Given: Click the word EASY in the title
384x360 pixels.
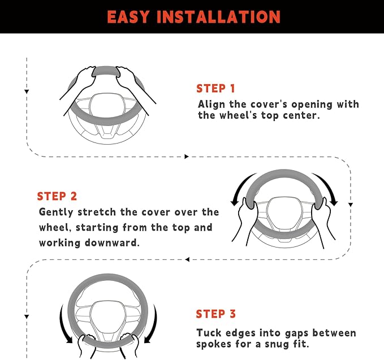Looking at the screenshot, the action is pyautogui.click(x=128, y=17).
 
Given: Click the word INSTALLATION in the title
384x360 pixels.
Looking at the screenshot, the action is pyautogui.click(x=219, y=17).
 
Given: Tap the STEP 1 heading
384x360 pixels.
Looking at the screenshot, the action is pyautogui.click(x=216, y=88).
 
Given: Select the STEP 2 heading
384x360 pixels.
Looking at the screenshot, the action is pyautogui.click(x=57, y=196).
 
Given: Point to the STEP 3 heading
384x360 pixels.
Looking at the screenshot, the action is pyautogui.click(x=216, y=314).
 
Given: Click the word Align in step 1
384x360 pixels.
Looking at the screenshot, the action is pyautogui.click(x=212, y=105).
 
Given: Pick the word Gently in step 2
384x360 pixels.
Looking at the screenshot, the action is pyautogui.click(x=56, y=212).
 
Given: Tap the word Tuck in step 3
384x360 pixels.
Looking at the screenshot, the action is pyautogui.click(x=209, y=332).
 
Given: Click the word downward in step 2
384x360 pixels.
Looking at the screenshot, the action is pyautogui.click(x=112, y=243).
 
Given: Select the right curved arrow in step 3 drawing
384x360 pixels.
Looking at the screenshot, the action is pyautogui.click(x=154, y=326).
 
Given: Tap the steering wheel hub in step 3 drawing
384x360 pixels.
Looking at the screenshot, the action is pyautogui.click(x=108, y=316).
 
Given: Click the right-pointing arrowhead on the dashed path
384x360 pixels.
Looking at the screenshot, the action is pyautogui.click(x=187, y=157).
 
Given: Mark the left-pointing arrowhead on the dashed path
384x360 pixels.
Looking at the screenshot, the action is pyautogui.click(x=187, y=259).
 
